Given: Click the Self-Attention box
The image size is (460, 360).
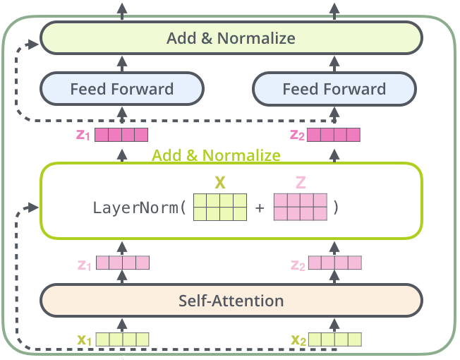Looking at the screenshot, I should tap(231, 301).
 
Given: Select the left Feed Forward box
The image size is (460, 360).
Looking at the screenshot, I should tap(121, 89).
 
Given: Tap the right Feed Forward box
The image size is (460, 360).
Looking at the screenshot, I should tap(334, 89).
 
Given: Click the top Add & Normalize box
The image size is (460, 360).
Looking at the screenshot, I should tap(231, 38).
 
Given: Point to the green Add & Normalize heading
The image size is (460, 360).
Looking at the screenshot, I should tap(216, 155).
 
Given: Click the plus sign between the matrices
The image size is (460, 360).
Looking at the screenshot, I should tap(260, 209).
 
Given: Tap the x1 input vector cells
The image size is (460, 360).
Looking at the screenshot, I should tap(123, 340).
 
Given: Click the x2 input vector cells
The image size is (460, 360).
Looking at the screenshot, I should tap(334, 340).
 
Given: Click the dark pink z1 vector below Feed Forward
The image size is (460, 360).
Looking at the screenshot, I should tap(121, 135).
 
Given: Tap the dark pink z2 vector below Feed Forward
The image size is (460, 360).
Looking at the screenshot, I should tap(334, 135).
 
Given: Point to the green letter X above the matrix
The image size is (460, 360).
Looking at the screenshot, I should tap(220, 183).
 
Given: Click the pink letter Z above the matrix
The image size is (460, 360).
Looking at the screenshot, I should tap(301, 183).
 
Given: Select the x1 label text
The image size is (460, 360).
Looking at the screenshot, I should tap(85, 340).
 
